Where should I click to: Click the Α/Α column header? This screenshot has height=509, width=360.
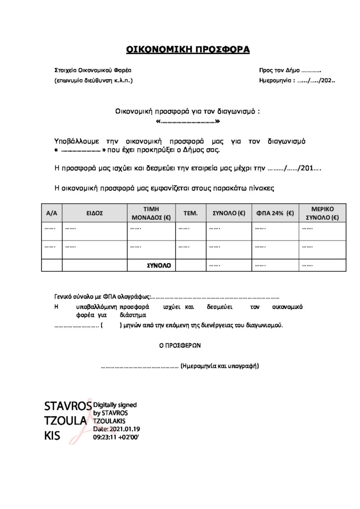point(52,213)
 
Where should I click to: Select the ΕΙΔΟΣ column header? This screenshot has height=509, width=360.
point(94,213)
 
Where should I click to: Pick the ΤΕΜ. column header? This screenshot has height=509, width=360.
point(191,213)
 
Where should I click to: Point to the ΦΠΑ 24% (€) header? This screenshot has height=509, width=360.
point(275,213)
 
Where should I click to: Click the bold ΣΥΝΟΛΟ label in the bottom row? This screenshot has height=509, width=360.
point(159,266)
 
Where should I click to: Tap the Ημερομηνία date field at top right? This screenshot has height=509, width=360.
point(297,80)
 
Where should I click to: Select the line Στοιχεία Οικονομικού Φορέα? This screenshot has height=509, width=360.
point(93,71)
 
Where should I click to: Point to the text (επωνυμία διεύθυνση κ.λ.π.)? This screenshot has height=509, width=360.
point(93,80)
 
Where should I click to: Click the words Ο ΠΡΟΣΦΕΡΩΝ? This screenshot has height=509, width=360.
point(180,344)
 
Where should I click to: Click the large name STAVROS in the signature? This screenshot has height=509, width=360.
point(68,406)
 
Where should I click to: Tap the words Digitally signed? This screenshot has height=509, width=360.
point(115,405)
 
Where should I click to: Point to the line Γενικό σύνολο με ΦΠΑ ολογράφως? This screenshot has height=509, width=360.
point(101,297)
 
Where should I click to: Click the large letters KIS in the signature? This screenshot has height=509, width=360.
point(52,435)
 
